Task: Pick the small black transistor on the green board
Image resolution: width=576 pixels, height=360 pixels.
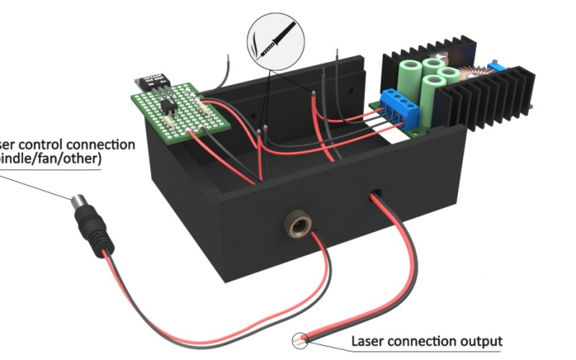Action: (x=170, y=107)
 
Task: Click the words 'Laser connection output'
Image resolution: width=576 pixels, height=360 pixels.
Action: (x=426, y=341)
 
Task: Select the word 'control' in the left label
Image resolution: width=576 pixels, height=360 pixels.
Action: (x=47, y=144)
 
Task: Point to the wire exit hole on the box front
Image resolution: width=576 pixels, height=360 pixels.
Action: (x=377, y=194)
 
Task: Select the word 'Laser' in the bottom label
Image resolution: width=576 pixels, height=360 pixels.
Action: (x=366, y=341)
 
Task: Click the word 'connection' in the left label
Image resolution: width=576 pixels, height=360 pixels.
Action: (x=101, y=144)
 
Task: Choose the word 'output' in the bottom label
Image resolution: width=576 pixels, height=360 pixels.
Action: (x=483, y=341)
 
